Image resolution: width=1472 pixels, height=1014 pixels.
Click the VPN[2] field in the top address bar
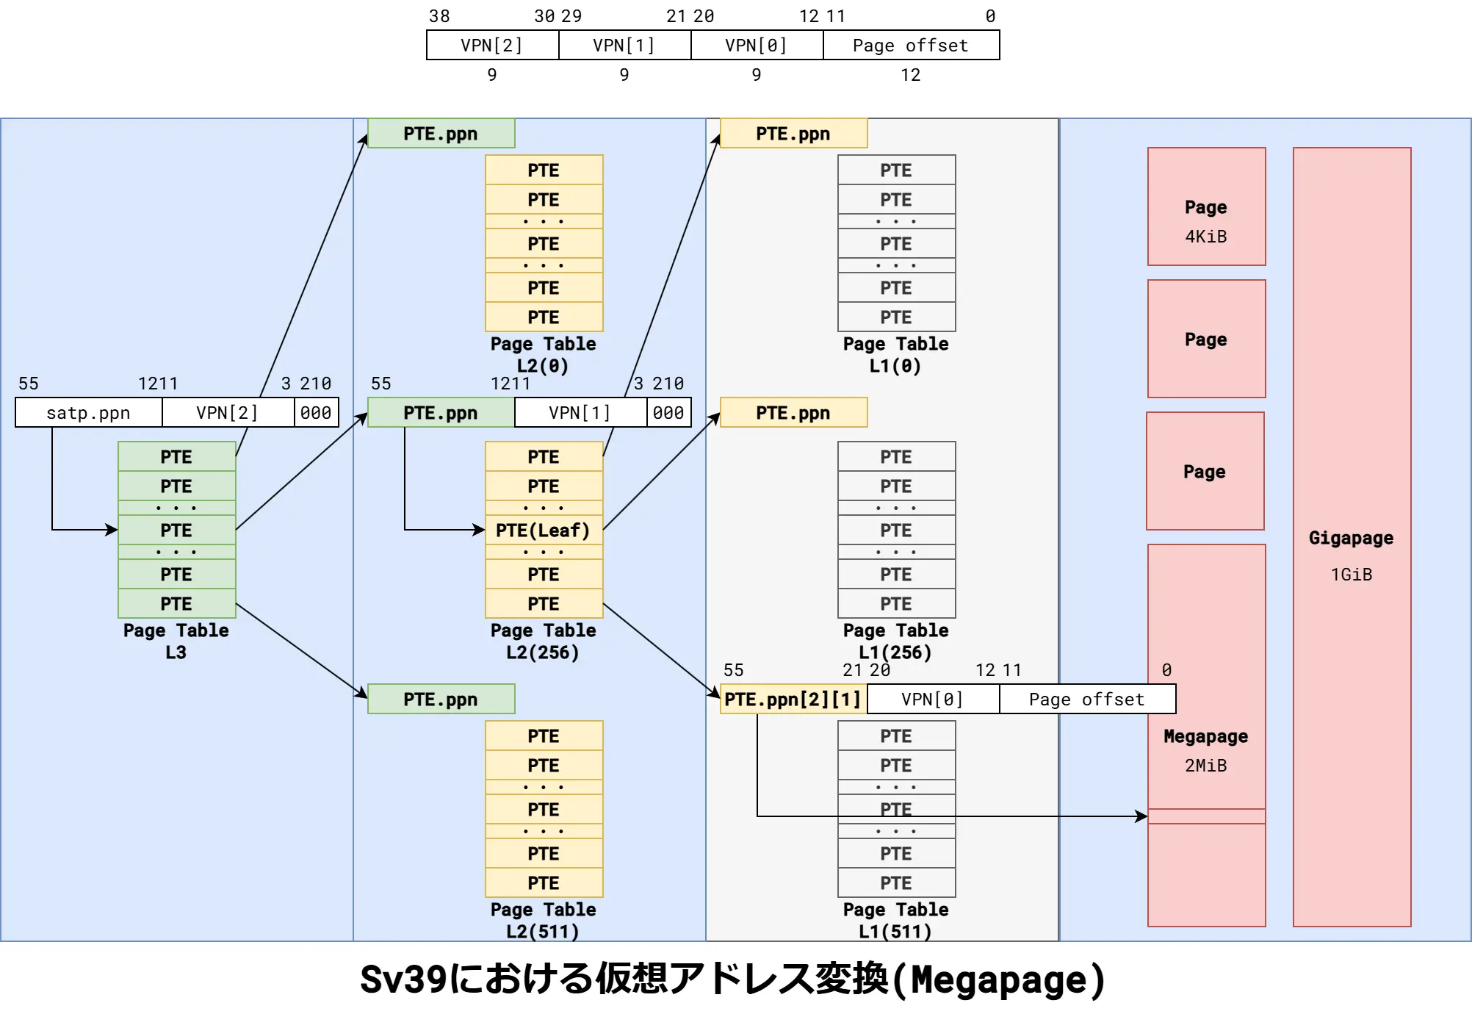(492, 46)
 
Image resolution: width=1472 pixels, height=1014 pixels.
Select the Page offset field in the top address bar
(911, 46)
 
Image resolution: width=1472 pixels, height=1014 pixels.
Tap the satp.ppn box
(88, 413)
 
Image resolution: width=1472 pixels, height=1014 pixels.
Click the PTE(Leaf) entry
(544, 531)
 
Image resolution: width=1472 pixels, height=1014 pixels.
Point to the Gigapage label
(1351, 538)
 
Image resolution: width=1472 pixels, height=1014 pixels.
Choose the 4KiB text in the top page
(1206, 237)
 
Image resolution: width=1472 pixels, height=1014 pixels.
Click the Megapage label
(1206, 736)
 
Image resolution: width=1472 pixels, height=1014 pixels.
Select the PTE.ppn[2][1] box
(793, 700)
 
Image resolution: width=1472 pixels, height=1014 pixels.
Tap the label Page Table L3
(176, 641)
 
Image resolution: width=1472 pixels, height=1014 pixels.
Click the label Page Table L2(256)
(544, 641)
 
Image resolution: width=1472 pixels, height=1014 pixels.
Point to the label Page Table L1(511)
(896, 920)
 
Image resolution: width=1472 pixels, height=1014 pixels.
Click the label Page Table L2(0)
(544, 354)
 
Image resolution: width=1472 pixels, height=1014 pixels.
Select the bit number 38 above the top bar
(439, 16)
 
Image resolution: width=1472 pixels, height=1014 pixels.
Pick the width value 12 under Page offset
(911, 75)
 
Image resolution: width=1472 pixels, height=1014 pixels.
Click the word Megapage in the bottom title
(999, 980)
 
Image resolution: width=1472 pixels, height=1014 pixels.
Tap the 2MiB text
(1206, 766)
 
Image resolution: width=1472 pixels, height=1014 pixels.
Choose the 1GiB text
(1352, 575)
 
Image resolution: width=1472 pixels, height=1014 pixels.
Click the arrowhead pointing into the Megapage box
(1141, 816)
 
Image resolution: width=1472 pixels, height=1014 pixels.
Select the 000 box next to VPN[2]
(316, 413)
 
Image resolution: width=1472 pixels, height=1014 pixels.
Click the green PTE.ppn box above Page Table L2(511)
(441, 700)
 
